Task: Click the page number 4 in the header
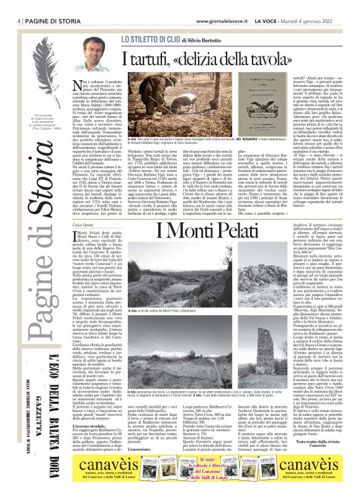pyautogui.click(x=12, y=6)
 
